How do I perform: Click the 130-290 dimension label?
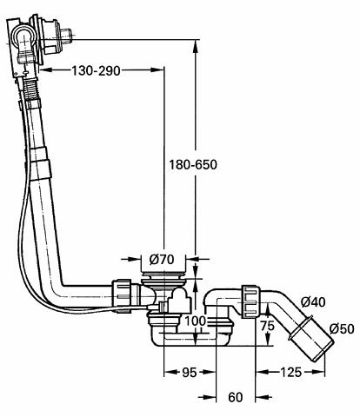(96, 70)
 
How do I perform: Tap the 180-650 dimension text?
(193, 165)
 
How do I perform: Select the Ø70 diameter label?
(162, 259)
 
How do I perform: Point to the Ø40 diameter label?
(313, 302)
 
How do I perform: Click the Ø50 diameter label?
(342, 328)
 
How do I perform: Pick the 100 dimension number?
(195, 321)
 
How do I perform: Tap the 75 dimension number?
(267, 326)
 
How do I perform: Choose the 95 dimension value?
(189, 373)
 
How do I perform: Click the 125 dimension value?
(290, 372)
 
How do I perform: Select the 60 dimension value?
(236, 397)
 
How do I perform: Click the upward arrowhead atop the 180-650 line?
(196, 46)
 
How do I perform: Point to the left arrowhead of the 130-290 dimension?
(46, 69)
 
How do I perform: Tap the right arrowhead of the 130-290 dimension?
(157, 69)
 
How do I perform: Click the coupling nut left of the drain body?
(122, 295)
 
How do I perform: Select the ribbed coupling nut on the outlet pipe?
(251, 301)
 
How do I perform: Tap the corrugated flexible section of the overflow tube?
(30, 89)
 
